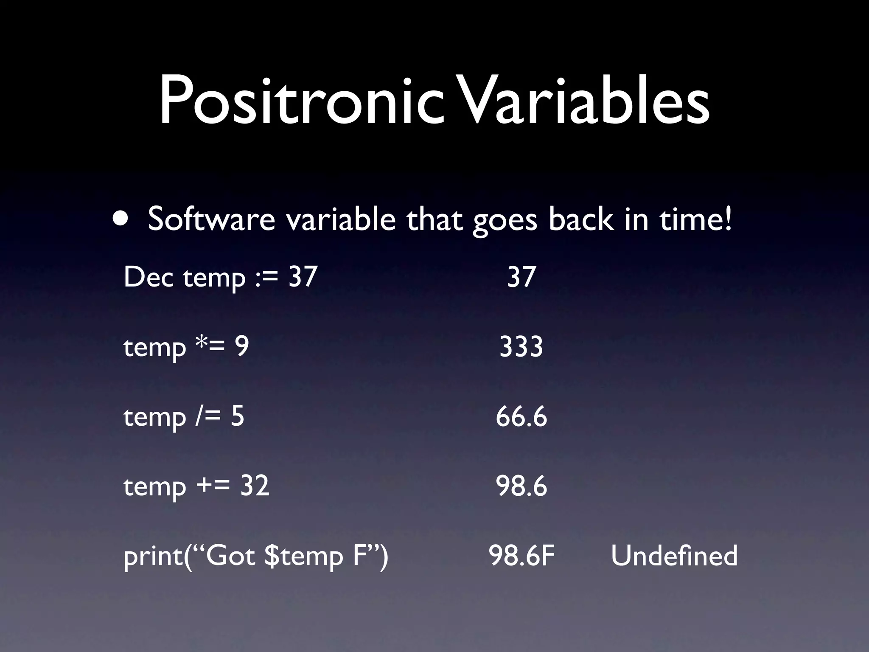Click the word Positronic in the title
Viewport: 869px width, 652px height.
[x=301, y=102]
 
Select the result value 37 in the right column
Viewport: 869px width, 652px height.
[x=521, y=277]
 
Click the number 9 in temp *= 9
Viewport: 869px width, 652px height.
[x=242, y=346]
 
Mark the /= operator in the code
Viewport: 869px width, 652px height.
[x=208, y=416]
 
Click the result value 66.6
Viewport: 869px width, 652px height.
[x=521, y=416]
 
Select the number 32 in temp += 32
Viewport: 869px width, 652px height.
[x=255, y=486]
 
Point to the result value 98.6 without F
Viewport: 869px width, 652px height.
[x=521, y=486]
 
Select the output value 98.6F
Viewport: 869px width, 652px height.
[x=521, y=556]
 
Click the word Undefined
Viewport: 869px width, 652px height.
[x=674, y=556]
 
